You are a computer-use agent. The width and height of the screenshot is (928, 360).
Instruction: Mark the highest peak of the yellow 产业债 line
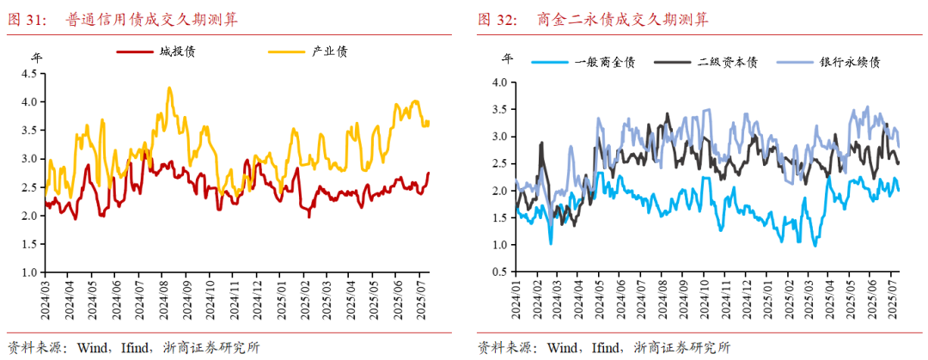tap(169, 88)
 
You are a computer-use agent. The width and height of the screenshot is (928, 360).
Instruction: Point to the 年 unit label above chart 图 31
tap(37, 58)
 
